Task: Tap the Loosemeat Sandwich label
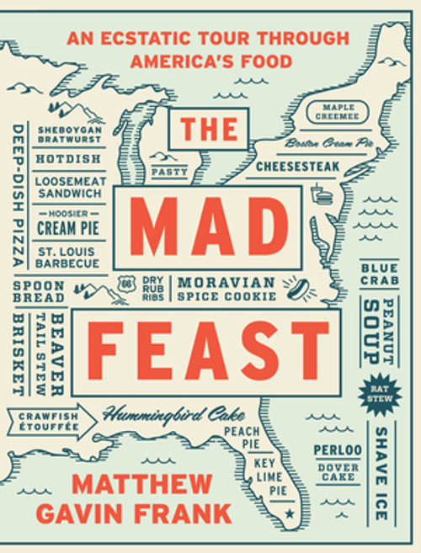click(x=69, y=186)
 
